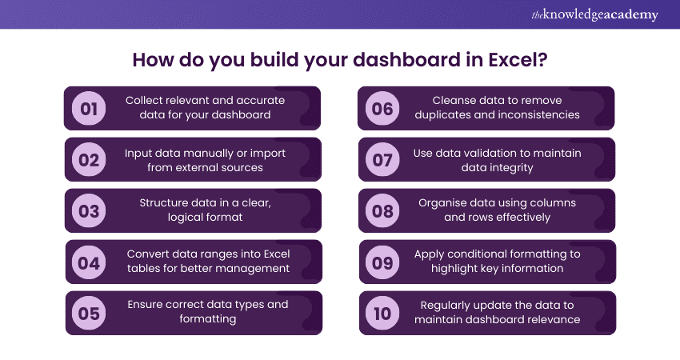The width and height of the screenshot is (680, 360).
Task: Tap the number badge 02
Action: [89, 160]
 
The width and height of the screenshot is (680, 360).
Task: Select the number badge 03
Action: [89, 211]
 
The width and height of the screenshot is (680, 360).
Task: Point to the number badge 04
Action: [89, 262]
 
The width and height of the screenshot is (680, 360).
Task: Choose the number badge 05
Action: [89, 313]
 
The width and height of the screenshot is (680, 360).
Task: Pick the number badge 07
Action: [382, 160]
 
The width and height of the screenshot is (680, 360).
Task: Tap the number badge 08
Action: [382, 211]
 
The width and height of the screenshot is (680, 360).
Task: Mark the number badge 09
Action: [382, 262]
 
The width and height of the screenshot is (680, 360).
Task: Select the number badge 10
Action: [382, 313]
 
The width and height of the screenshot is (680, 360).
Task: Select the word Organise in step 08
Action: [442, 203]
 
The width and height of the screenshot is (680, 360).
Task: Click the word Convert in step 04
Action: [148, 254]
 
